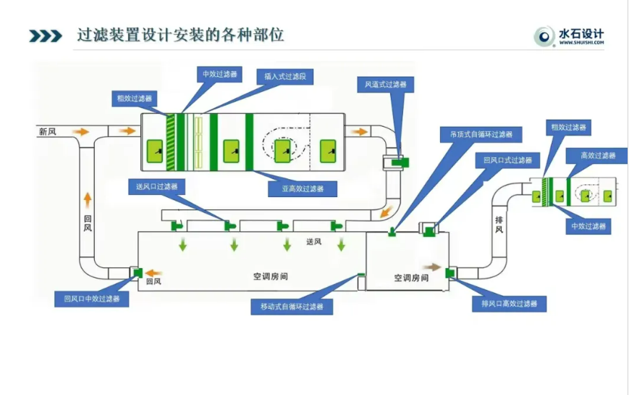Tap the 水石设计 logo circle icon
(x=544, y=36)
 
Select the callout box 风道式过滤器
(x=385, y=85)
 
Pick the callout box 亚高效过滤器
(x=297, y=188)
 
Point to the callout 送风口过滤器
(x=156, y=186)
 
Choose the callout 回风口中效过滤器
(x=92, y=298)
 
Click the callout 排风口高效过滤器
(x=509, y=303)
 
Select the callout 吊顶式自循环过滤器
(x=476, y=134)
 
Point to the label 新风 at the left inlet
(x=47, y=132)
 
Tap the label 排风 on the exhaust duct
(x=499, y=224)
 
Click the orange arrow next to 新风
(x=81, y=132)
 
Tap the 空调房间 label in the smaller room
(x=410, y=278)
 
